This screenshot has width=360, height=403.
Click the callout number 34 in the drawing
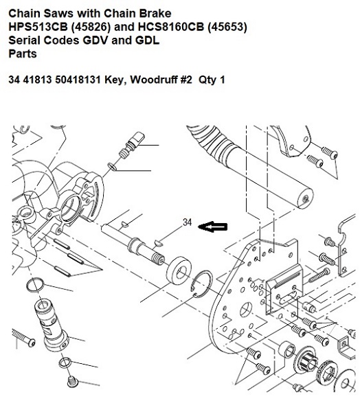click(x=187, y=222)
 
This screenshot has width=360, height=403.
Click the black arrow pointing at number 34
click(x=213, y=227)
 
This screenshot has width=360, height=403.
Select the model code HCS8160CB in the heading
click(x=171, y=27)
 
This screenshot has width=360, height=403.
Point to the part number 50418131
click(x=78, y=80)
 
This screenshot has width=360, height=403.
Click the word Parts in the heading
click(x=23, y=54)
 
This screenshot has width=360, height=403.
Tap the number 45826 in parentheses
click(x=91, y=27)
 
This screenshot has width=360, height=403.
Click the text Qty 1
click(x=212, y=80)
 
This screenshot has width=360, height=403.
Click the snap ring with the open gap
click(x=202, y=284)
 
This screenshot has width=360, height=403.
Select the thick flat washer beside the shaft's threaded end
click(x=179, y=270)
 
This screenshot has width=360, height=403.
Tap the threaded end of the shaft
click(x=159, y=258)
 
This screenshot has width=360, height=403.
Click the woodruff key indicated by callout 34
click(x=159, y=243)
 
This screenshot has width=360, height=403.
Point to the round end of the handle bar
click(x=305, y=198)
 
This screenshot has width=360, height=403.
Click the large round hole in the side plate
click(x=245, y=310)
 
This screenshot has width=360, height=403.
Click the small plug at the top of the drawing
click(x=132, y=146)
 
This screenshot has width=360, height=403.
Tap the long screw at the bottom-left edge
click(x=23, y=338)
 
